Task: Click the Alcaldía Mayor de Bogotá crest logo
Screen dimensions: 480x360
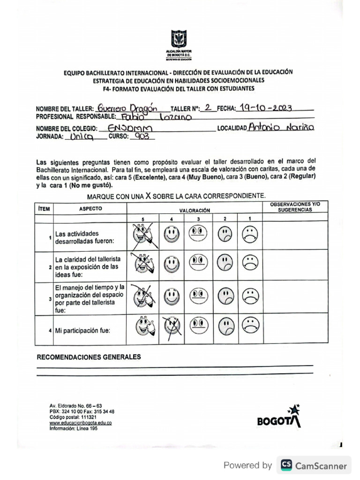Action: pos(179,39)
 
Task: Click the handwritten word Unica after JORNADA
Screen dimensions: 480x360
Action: pos(82,137)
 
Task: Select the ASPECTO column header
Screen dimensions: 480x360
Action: pos(90,208)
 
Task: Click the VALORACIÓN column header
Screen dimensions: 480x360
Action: pos(194,211)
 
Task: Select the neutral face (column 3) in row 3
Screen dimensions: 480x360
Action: pos(199,296)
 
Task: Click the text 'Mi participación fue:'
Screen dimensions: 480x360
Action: pos(82,330)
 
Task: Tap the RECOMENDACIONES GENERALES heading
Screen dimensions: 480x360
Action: pos(89,357)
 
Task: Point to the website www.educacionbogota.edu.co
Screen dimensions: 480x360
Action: pos(80,422)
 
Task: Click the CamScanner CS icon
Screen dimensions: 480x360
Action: pos(286,465)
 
